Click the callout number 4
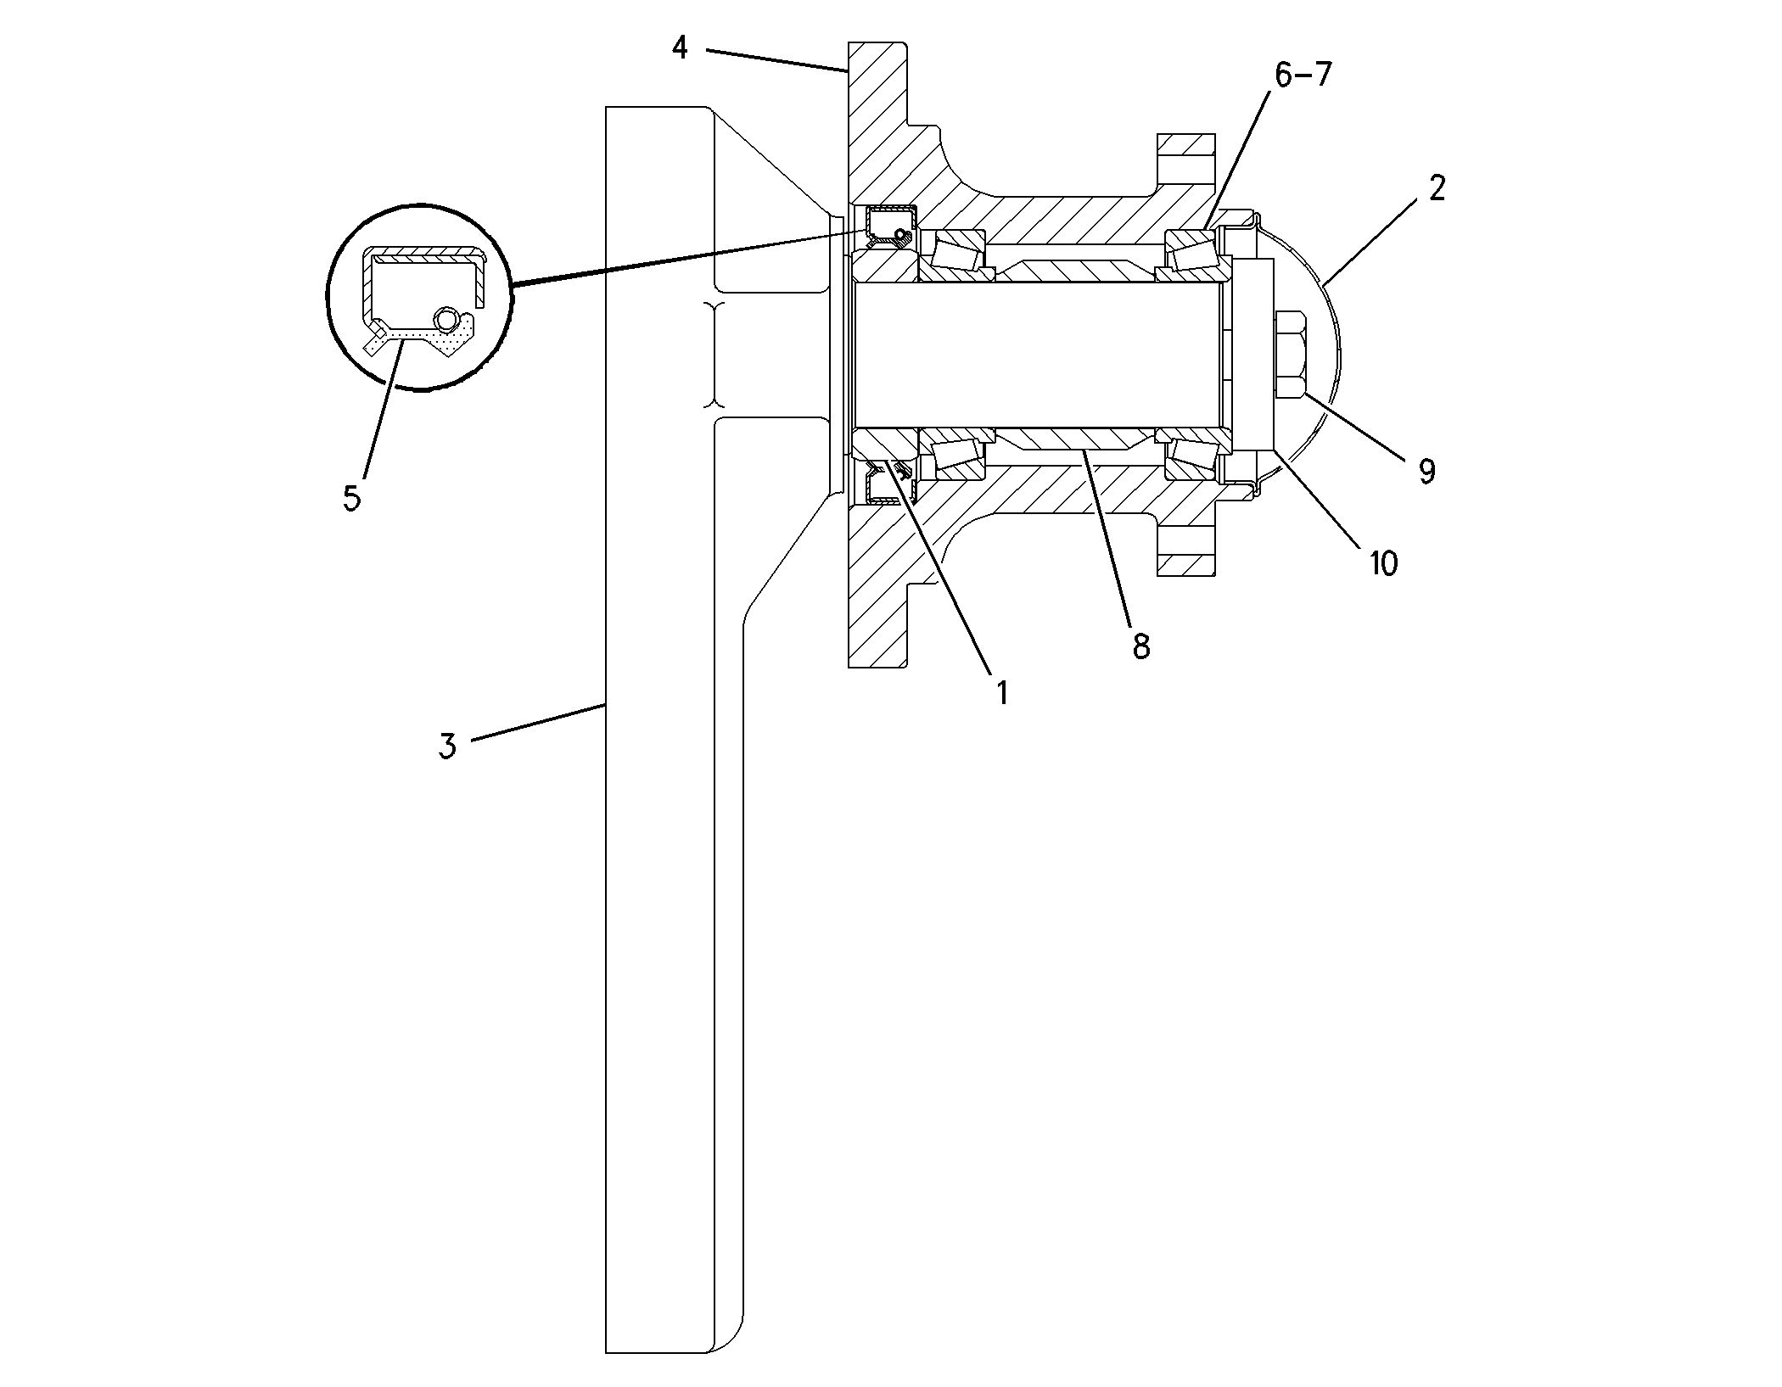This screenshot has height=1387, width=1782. [680, 48]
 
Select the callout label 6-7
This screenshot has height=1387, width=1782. [1303, 76]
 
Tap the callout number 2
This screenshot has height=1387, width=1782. [1436, 188]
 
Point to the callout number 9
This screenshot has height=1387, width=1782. [1426, 471]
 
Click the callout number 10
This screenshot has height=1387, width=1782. [1383, 562]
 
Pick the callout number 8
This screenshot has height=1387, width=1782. [1140, 646]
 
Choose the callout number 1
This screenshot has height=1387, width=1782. [1002, 693]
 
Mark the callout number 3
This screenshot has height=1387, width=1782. [447, 747]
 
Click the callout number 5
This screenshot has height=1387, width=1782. [351, 498]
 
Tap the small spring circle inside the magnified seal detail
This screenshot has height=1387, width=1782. [446, 319]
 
